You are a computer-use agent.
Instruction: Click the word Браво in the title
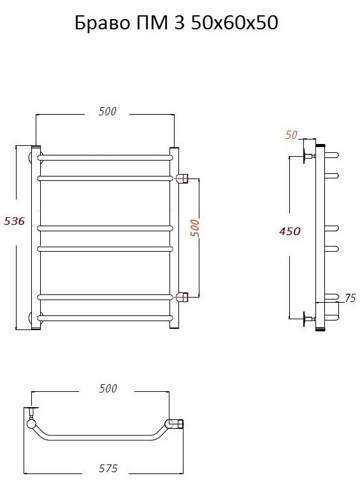coord(102,22)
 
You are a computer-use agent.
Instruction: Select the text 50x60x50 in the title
coord(234,22)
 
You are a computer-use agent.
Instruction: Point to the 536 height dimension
coord(14,221)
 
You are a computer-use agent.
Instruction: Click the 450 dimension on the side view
coord(289,231)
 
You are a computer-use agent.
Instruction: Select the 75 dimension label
coord(350,298)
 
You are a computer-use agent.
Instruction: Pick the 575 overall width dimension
coord(108,468)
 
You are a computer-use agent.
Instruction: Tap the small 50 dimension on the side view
coord(291,134)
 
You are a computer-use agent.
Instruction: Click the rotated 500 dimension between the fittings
coord(194,228)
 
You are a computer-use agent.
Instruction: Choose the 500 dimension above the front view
coord(108,112)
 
